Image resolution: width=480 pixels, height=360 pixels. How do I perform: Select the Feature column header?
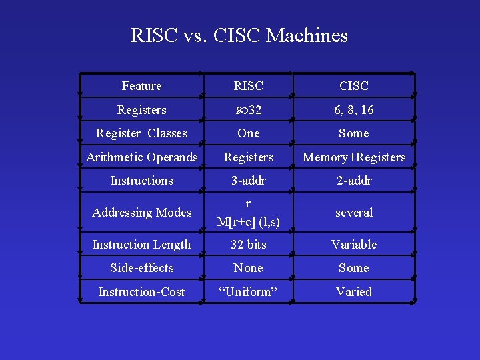coord(141,86)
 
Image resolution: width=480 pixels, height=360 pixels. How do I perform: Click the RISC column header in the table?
coord(248,86)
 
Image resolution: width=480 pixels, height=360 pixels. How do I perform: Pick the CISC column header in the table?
coord(353,86)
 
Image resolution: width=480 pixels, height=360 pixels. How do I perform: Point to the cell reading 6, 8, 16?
coord(353,110)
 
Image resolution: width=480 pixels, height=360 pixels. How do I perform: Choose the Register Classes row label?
coord(141,133)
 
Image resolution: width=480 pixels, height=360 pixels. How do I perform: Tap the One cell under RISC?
coord(248,133)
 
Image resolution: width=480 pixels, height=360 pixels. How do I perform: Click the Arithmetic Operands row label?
coord(141,157)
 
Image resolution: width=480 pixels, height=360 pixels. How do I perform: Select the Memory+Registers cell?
coord(353,157)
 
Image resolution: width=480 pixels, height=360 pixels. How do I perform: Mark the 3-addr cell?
coord(248,181)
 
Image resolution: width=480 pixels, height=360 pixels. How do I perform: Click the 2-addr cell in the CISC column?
coord(353,181)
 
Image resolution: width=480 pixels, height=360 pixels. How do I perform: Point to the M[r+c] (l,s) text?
coord(248,221)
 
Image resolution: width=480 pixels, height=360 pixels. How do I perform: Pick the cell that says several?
coord(353,213)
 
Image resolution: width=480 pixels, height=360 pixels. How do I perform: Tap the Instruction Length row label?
coord(141,245)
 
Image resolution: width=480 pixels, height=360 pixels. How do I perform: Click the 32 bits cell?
coord(248,245)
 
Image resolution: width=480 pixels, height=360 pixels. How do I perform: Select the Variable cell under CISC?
coord(353,245)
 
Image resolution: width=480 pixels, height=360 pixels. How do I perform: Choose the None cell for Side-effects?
coord(248,268)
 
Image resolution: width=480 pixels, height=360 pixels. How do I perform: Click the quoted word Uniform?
coord(248,292)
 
